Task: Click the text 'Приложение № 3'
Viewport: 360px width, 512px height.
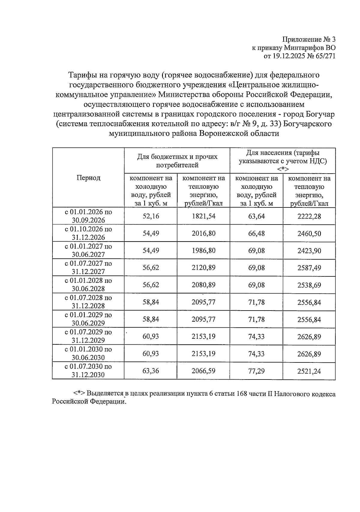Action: point(309,39)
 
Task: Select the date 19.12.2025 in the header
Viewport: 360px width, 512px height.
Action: point(287,56)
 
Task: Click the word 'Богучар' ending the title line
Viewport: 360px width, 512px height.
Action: point(321,114)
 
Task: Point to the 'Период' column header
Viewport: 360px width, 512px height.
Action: point(88,178)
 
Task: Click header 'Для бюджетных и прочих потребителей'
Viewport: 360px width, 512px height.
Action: point(177,161)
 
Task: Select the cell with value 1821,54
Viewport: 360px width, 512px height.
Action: point(203,216)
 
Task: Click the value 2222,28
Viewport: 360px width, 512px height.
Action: point(309,216)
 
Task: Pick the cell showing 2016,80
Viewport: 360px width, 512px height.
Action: point(203,233)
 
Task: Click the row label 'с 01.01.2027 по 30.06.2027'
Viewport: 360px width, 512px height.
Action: point(88,250)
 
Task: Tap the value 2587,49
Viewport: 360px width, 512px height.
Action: point(309,268)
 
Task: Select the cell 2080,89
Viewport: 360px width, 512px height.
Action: point(203,285)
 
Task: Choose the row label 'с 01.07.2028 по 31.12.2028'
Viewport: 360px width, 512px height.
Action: point(88,302)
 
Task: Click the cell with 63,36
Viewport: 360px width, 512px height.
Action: point(151,371)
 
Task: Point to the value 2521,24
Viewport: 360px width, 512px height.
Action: point(309,371)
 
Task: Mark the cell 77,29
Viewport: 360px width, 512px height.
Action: point(256,371)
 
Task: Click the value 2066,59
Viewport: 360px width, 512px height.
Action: point(203,371)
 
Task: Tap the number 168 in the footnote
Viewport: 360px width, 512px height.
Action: point(242,394)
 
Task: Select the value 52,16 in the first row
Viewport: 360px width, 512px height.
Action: point(151,216)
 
